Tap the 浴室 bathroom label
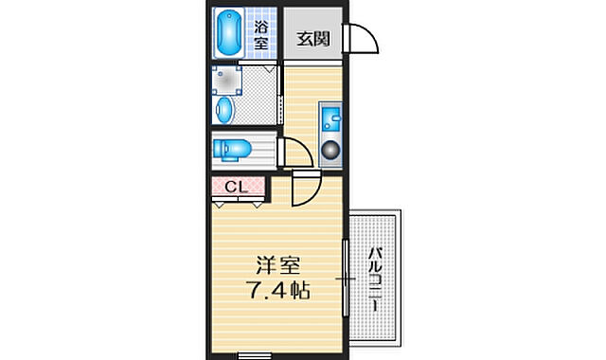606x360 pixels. coord(260,36)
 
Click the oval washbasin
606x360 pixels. coord(224,110)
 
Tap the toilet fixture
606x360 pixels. coord(231,149)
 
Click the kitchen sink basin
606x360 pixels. coord(331,119)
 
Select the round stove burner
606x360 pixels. coord(331,149)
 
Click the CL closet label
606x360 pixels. coord(236,187)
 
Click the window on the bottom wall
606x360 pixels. coord(253,356)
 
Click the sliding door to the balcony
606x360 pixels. coord(345,280)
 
